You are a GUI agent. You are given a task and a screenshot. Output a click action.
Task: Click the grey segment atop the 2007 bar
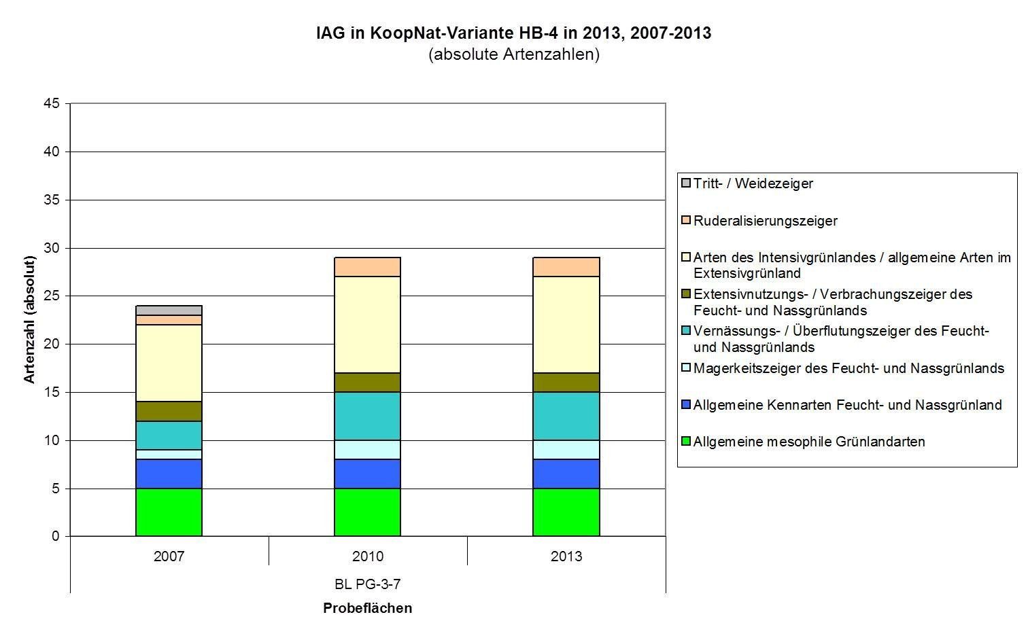pyautogui.click(x=169, y=311)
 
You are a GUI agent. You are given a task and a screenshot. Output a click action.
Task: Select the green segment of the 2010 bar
pyautogui.click(x=367, y=512)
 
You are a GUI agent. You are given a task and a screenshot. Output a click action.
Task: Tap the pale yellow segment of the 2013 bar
pyautogui.click(x=566, y=325)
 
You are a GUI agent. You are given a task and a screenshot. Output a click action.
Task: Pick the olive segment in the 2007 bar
pyautogui.click(x=169, y=412)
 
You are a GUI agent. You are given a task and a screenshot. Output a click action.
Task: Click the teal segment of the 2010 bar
pyautogui.click(x=367, y=416)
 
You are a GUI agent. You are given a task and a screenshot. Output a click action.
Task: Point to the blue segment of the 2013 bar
pyautogui.click(x=566, y=474)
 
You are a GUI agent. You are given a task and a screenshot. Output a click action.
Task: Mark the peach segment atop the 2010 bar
pyautogui.click(x=367, y=267)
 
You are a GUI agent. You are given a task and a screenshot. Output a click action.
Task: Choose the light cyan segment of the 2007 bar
pyautogui.click(x=169, y=455)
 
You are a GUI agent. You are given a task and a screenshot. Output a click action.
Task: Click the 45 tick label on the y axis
pyautogui.click(x=53, y=103)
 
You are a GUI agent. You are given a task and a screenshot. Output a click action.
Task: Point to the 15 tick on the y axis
pyautogui.click(x=53, y=392)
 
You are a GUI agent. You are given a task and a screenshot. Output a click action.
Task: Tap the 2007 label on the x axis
pyautogui.click(x=169, y=556)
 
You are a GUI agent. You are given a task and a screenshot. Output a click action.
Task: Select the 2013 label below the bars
pyautogui.click(x=566, y=556)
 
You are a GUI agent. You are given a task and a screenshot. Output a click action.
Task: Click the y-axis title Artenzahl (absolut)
pyautogui.click(x=29, y=319)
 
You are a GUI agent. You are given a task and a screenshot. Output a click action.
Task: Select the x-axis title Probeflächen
pyautogui.click(x=367, y=608)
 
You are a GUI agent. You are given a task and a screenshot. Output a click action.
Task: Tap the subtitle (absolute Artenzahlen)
pyautogui.click(x=513, y=54)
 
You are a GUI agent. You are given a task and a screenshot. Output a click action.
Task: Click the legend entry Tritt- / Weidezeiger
pyautogui.click(x=753, y=183)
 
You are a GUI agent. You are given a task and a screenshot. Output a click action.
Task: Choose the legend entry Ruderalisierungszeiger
pyautogui.click(x=765, y=221)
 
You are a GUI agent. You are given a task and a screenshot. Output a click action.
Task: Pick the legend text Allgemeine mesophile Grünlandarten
pyautogui.click(x=808, y=442)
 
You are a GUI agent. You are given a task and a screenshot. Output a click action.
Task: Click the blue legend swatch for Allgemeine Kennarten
pyautogui.click(x=686, y=404)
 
